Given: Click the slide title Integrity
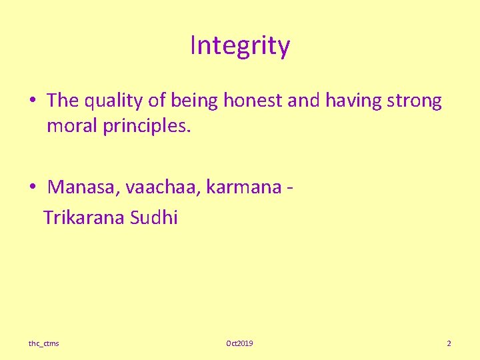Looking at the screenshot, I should click(x=240, y=46).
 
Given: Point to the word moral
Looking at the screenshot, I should click(x=72, y=126).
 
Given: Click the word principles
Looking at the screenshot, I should click(x=147, y=126).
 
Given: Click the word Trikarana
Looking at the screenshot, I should click(x=84, y=218).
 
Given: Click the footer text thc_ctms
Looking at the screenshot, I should click(x=43, y=343).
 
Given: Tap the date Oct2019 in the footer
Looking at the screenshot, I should click(x=239, y=343).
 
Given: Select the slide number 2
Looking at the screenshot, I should click(x=449, y=343).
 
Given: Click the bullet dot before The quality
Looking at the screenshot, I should click(x=33, y=101).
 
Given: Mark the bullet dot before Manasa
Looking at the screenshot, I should click(x=33, y=187).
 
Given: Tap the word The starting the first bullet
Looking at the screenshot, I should click(x=63, y=101).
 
